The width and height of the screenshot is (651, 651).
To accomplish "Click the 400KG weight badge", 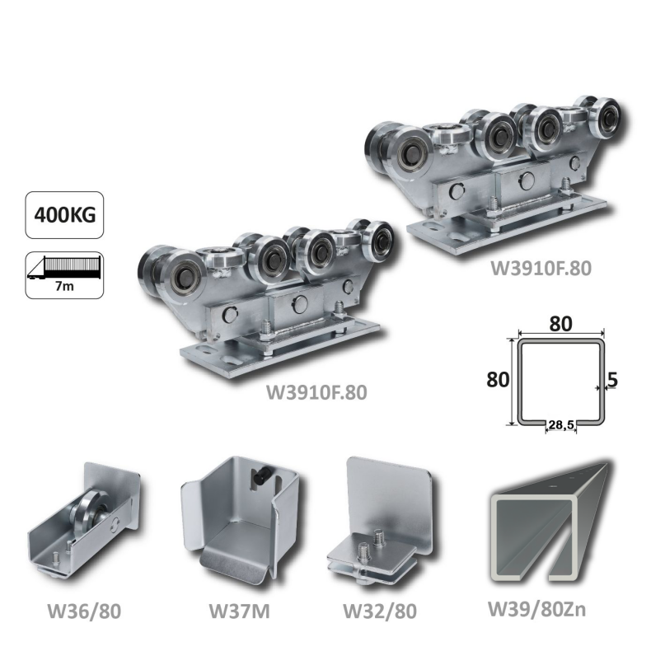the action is tap(64, 215).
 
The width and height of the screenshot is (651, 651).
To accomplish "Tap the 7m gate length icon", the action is tap(64, 275).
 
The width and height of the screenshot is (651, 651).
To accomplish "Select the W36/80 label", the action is tap(84, 611).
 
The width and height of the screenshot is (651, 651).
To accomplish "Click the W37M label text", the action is tap(239, 611).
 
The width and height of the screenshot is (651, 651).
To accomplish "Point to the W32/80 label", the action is tap(379, 611).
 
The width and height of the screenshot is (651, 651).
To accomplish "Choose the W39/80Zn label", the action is tap(536, 609).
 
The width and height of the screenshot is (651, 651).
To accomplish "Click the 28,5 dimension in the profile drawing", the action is tap(561, 424).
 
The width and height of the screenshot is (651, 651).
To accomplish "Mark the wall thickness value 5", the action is tap(612, 379).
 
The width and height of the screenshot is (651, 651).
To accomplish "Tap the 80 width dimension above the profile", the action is tap(560, 324).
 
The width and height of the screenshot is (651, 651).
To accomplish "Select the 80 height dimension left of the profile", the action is tap(498, 379).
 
